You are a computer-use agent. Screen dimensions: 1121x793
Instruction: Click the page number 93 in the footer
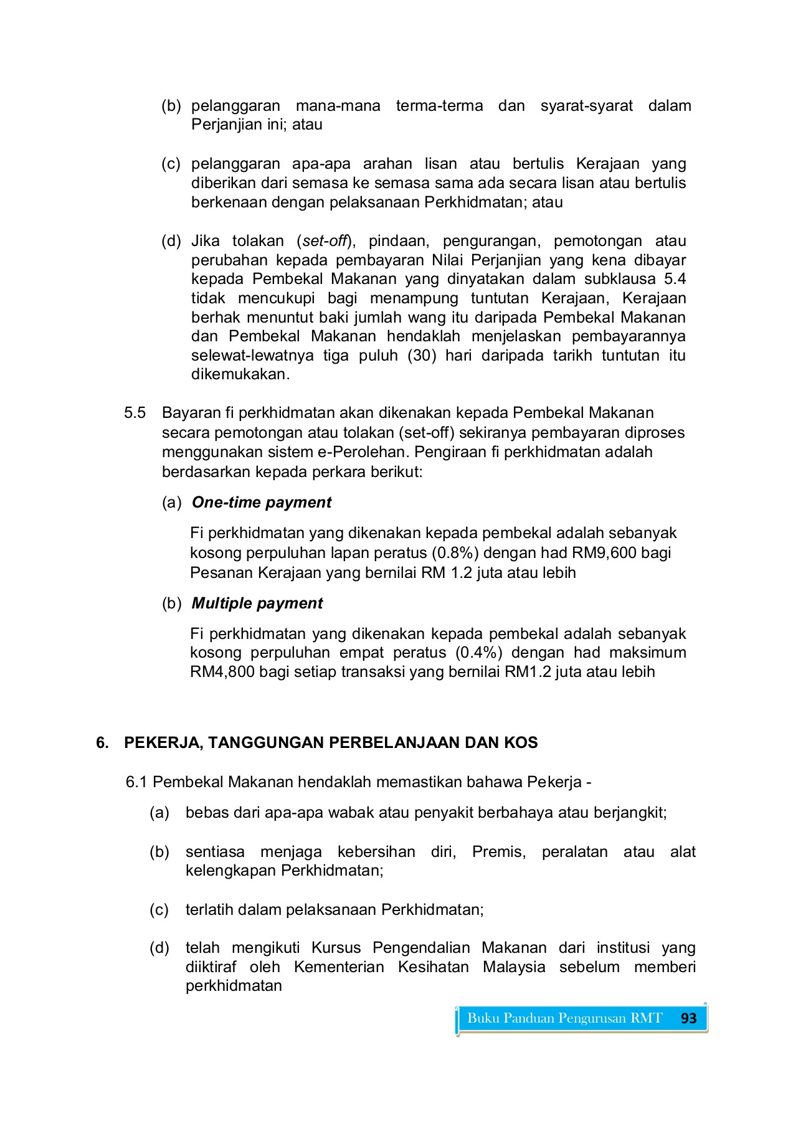[688, 1018]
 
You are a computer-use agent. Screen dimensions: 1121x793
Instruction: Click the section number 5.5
[135, 413]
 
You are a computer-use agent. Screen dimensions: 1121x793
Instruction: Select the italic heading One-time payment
[262, 503]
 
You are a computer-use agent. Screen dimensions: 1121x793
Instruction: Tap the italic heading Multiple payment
[257, 603]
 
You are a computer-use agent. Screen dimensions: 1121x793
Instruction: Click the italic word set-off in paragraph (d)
[324, 241]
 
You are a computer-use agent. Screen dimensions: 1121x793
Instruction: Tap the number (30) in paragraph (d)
[422, 356]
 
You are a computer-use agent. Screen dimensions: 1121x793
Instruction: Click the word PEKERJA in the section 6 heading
[163, 742]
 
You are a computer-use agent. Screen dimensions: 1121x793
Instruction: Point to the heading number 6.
[102, 742]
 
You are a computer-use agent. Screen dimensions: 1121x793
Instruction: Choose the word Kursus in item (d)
[336, 948]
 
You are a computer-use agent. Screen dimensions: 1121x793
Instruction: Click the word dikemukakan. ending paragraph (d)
[240, 375]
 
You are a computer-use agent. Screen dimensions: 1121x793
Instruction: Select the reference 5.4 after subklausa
[675, 279]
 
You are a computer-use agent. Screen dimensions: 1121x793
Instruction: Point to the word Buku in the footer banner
[483, 1018]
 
